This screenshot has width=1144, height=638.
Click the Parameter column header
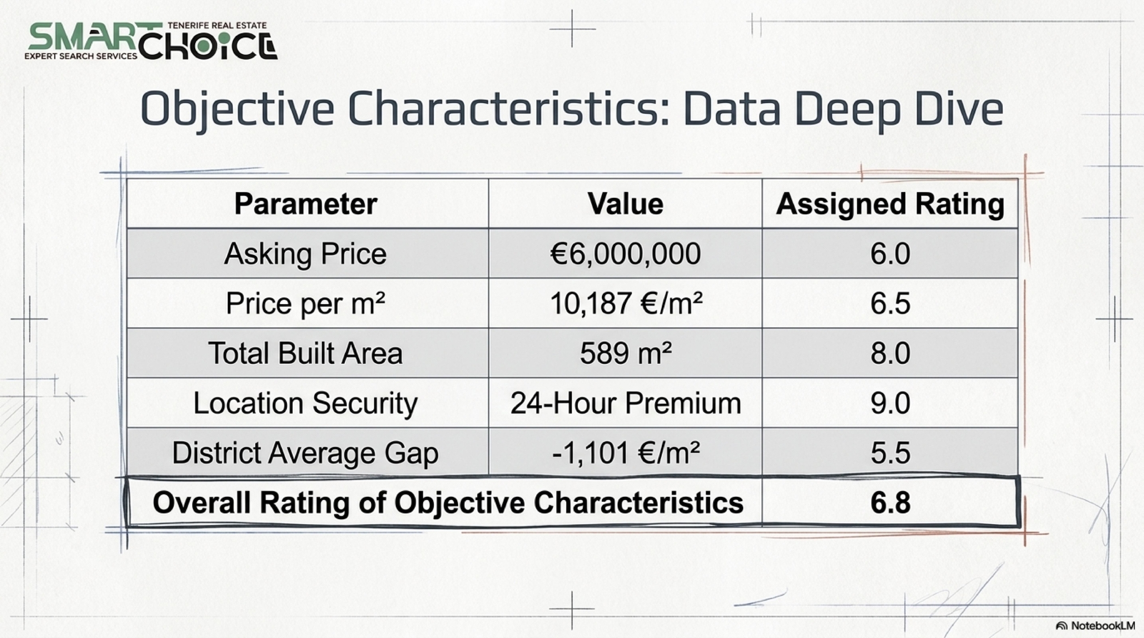pos(306,204)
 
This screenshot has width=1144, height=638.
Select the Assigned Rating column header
pos(890,205)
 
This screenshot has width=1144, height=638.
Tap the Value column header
pos(625,204)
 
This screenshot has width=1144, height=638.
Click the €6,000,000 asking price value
pos(625,254)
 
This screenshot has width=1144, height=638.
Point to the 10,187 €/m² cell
pos(626,304)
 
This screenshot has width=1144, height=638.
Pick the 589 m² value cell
pos(626,354)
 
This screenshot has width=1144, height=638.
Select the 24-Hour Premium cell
pos(626,403)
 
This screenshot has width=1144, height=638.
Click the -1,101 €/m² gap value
pos(626,453)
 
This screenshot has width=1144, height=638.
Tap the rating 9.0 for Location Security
pos(890,404)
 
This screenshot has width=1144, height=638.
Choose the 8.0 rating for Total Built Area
pos(890,354)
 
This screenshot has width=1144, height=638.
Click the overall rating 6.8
pos(890,503)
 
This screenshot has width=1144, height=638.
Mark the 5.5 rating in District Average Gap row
pos(890,453)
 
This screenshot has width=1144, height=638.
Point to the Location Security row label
pos(306,404)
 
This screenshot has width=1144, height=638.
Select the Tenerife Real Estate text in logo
pos(217,25)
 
